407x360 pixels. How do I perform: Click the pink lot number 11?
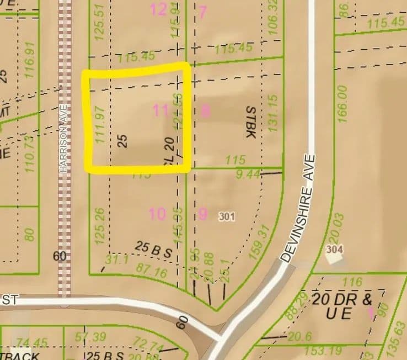(x=160, y=111)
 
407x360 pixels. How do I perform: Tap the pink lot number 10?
(x=157, y=214)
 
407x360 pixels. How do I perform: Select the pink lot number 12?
(x=158, y=9)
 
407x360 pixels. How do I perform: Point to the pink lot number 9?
(x=202, y=214)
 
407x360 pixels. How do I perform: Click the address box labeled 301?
(x=226, y=216)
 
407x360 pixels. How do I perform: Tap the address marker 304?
(x=334, y=250)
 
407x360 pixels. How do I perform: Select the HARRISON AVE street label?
(x=65, y=137)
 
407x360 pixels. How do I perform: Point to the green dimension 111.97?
(x=100, y=125)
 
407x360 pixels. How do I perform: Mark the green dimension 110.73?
(x=30, y=153)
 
